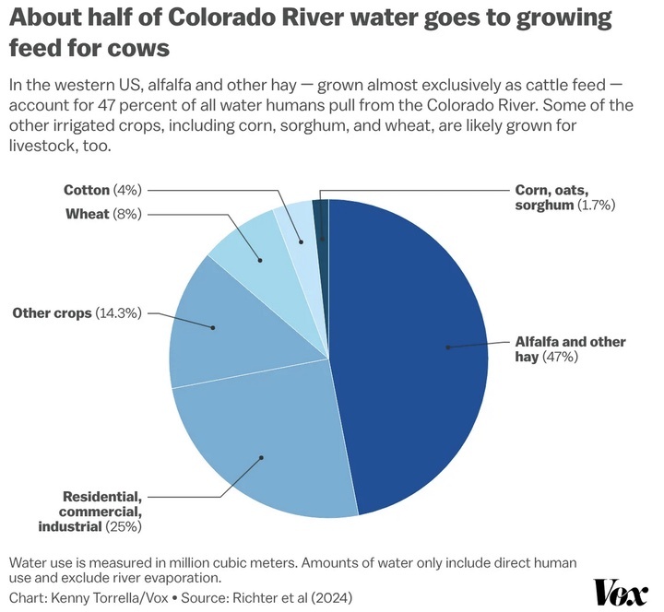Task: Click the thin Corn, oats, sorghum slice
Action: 321,221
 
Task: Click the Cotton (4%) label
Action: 101,190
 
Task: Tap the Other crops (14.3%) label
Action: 77,313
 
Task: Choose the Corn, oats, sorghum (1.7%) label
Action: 563,198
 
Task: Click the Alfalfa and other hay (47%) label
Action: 569,349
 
